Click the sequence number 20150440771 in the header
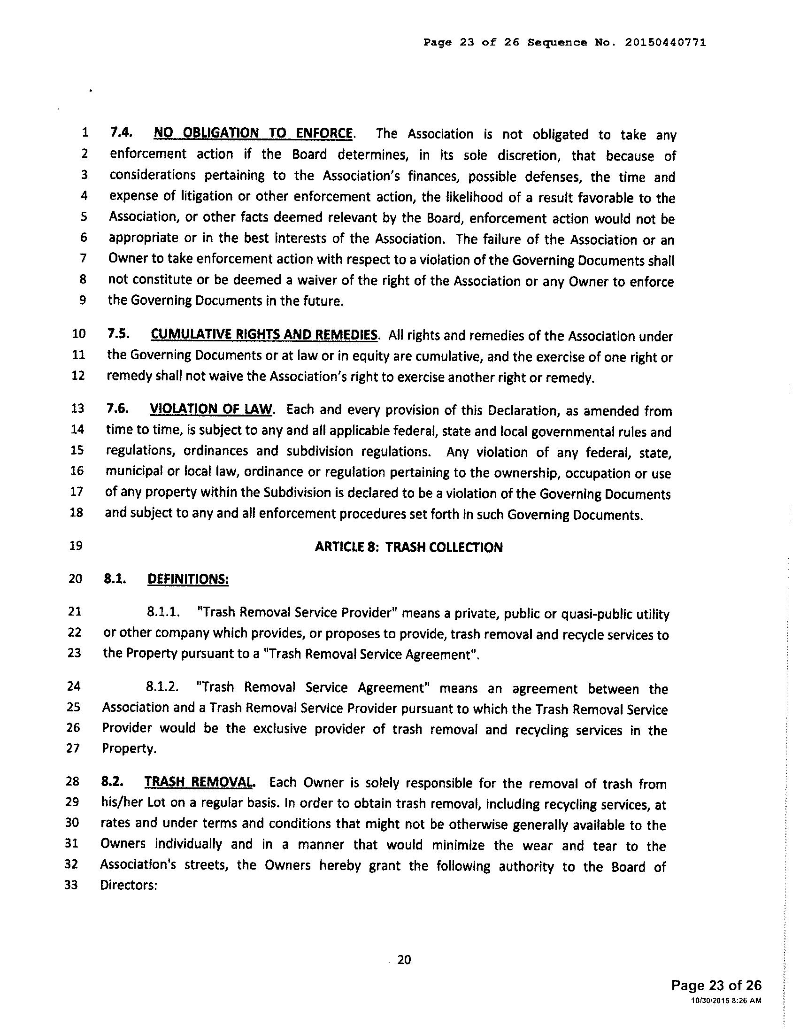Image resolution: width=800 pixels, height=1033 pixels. pos(666,43)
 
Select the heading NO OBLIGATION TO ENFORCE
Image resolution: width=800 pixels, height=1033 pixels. pos(253,133)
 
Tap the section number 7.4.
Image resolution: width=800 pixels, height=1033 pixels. pos(121,132)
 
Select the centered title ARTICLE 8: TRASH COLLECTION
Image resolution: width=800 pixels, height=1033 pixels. pos(408,547)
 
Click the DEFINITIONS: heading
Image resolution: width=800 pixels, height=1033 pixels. pos(188,579)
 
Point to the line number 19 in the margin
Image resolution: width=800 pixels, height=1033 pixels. pos(76,546)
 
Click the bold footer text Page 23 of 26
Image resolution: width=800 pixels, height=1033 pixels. pos(716,986)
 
